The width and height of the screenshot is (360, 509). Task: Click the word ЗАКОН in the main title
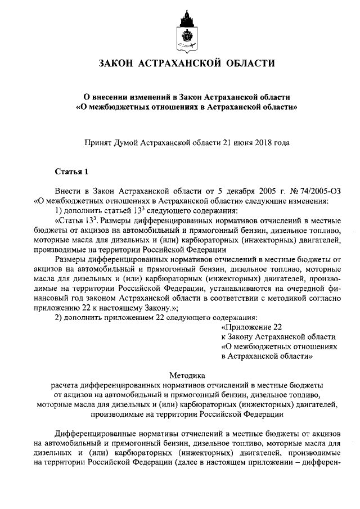119,64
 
